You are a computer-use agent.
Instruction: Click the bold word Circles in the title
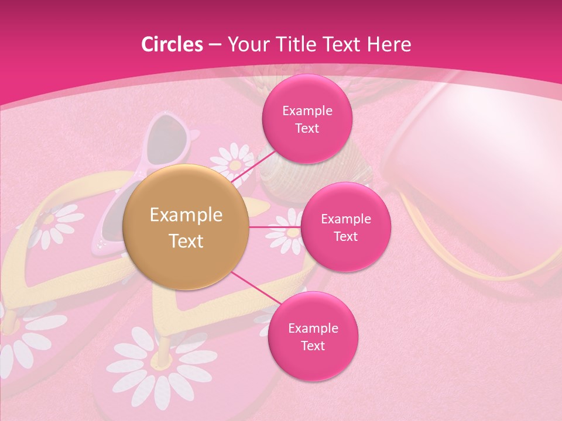(x=172, y=44)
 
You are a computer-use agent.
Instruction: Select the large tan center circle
(x=186, y=227)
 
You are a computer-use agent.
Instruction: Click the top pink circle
(x=307, y=119)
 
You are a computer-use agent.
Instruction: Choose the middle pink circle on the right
(x=345, y=227)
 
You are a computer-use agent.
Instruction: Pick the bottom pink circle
(x=313, y=336)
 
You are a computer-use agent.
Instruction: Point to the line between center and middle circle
(x=275, y=227)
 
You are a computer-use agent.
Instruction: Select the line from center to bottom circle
(x=252, y=287)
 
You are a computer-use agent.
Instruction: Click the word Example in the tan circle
(x=186, y=215)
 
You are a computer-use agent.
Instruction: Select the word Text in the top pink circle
(x=307, y=128)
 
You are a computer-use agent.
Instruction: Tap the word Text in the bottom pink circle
(x=313, y=346)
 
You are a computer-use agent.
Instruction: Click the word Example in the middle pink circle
(x=345, y=219)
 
